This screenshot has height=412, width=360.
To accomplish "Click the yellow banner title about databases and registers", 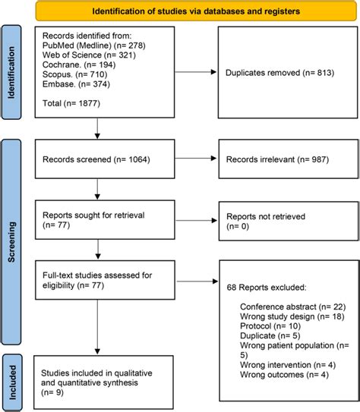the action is (x=196, y=11).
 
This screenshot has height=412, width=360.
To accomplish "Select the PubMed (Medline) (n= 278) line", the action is (x=94, y=46).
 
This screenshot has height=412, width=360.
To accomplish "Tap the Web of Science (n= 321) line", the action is (x=89, y=55).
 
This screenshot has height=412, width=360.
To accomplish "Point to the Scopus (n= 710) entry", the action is (x=74, y=74).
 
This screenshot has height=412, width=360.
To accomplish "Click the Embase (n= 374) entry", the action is (x=76, y=84).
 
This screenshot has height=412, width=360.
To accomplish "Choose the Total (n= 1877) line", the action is (x=71, y=103).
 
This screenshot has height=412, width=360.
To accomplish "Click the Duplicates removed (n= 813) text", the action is (x=279, y=73).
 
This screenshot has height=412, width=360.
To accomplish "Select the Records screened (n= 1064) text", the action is (x=96, y=159).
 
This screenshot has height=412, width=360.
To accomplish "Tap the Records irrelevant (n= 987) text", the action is (x=277, y=159).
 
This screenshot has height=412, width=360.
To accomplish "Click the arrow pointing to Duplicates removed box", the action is (x=195, y=72).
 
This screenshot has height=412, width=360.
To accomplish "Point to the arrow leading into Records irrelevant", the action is (x=195, y=158).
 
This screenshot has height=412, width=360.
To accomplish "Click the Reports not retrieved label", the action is (x=266, y=216).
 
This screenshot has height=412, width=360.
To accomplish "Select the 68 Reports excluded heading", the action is (x=267, y=288).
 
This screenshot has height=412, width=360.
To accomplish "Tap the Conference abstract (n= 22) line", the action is (x=292, y=307).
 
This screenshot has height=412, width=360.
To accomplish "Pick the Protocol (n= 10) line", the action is (x=270, y=326).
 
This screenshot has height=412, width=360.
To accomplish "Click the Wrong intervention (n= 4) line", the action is (x=288, y=365).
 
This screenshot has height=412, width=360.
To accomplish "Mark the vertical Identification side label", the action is (x=11, y=73).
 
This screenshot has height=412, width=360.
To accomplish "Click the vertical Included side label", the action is (x=12, y=382).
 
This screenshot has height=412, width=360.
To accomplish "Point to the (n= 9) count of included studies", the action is (x=52, y=392).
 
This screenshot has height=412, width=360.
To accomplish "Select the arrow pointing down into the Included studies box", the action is (x=97, y=327).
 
